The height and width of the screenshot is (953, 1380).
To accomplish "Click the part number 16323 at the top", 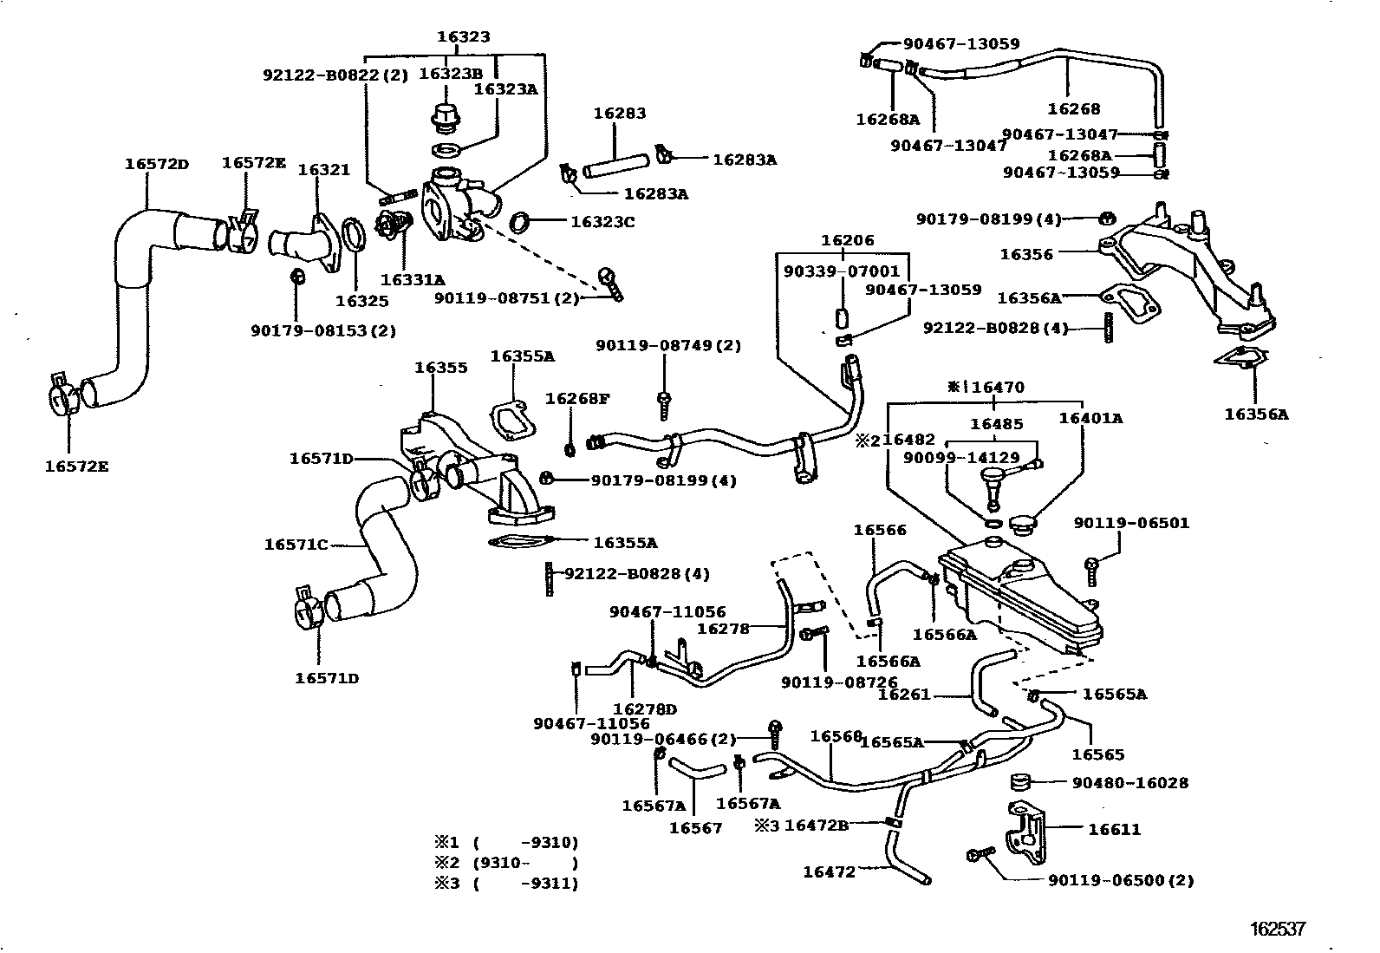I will pos(463,36).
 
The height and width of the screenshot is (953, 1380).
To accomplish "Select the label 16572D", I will pos(156,163).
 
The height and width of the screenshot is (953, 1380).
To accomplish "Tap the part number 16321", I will pos(324,169).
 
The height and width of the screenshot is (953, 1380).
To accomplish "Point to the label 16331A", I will pos(412,279).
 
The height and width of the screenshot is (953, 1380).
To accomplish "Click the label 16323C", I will pos(602,222).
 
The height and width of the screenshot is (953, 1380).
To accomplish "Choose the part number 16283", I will pos(619,113).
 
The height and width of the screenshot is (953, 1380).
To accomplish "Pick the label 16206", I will pos(848,240).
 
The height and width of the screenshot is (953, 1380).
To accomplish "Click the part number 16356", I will pos(1026,254).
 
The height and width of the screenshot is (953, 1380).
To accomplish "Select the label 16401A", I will pos(1090,418).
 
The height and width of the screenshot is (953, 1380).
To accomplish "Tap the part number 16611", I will pos(1115,829).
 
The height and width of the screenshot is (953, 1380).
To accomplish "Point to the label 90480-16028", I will pos(1130,782).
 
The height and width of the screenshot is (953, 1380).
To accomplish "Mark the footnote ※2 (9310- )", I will pos(506,863).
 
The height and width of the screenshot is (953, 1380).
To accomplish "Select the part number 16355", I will pos(440,367).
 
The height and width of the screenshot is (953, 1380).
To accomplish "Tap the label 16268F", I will pos(576,398).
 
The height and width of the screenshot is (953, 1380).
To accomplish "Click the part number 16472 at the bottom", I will pos(829,871).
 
